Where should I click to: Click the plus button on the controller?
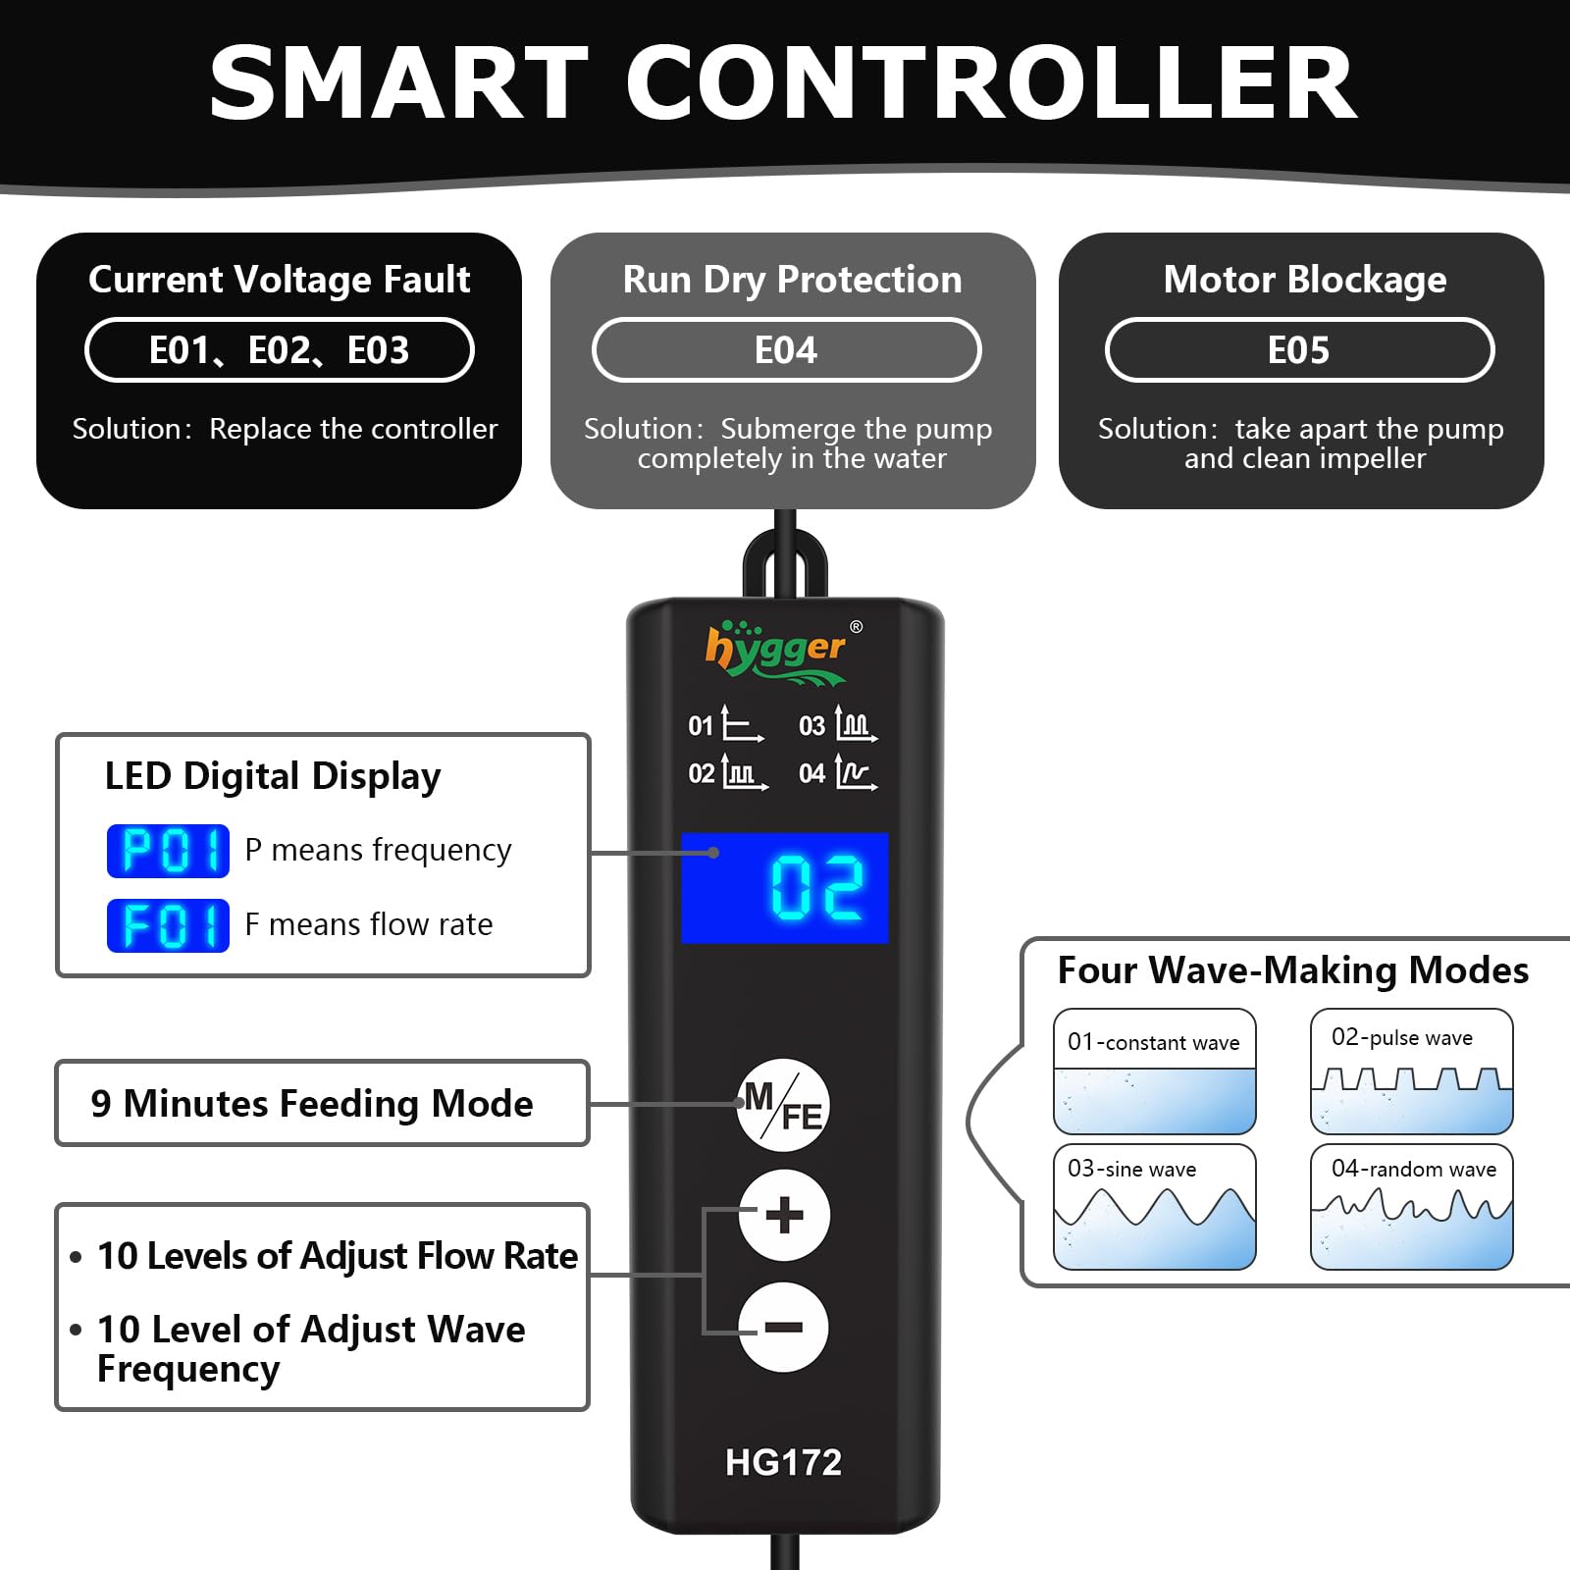pyautogui.click(x=784, y=1216)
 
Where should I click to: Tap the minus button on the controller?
pyautogui.click(x=784, y=1328)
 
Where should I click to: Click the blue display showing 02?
pyautogui.click(x=785, y=888)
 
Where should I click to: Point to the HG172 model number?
pyautogui.click(x=783, y=1462)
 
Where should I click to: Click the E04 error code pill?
pyautogui.click(x=786, y=350)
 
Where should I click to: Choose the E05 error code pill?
pyautogui.click(x=1299, y=350)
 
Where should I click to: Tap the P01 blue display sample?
pyautogui.click(x=168, y=851)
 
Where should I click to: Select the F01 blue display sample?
pyautogui.click(x=168, y=925)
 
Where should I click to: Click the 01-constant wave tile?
pyautogui.click(x=1155, y=1072)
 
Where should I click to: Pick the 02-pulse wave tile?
pyautogui.click(x=1412, y=1072)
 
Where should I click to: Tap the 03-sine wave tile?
pyautogui.click(x=1155, y=1207)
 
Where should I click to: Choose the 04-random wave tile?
pyautogui.click(x=1412, y=1207)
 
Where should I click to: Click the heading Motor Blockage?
pyautogui.click(x=1305, y=280)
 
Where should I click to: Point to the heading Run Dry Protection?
pyautogui.click(x=793, y=280)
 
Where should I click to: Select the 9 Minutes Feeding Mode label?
pyautogui.click(x=312, y=1104)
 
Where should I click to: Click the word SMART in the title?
pyautogui.click(x=398, y=83)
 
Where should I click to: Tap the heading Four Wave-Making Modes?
pyautogui.click(x=1293, y=970)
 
